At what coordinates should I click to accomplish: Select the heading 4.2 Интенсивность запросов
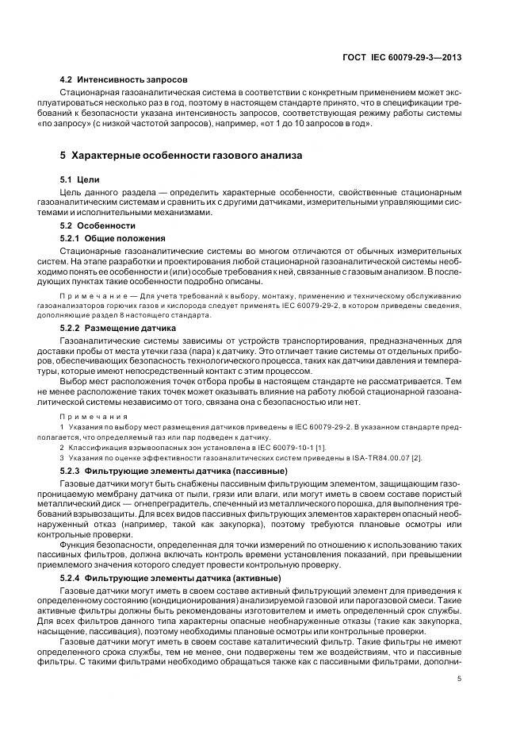(x=124, y=81)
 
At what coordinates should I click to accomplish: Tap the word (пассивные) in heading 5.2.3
(x=239, y=472)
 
